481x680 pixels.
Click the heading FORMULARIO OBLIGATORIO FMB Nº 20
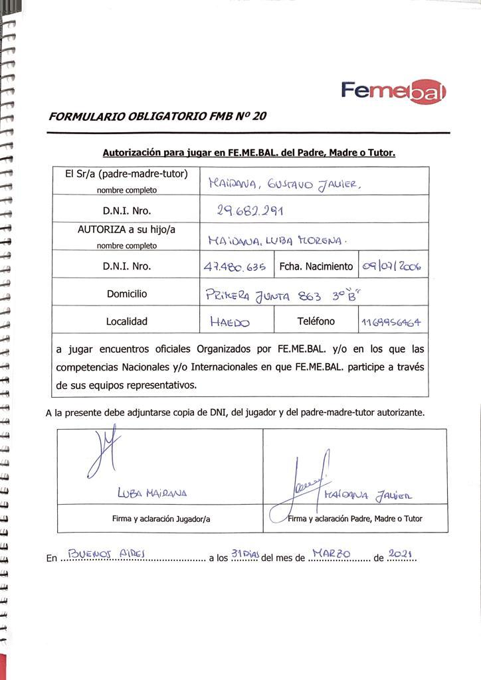click(158, 116)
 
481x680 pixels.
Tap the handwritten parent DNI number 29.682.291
click(250, 211)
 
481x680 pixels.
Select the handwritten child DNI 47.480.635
click(235, 267)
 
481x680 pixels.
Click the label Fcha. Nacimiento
click(316, 267)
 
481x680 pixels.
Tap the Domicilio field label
click(127, 294)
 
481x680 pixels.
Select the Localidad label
click(127, 321)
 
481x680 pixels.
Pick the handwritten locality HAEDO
click(229, 323)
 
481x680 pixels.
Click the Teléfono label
click(316, 321)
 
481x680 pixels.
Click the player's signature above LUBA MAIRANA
click(100, 454)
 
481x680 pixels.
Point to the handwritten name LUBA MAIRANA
click(152, 493)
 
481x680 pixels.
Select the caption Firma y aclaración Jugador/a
click(160, 519)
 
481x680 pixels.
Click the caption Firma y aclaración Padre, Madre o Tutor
click(355, 519)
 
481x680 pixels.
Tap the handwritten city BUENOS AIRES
click(102, 553)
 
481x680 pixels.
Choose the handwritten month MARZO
click(336, 552)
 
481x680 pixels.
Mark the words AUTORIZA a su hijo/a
click(126, 230)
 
